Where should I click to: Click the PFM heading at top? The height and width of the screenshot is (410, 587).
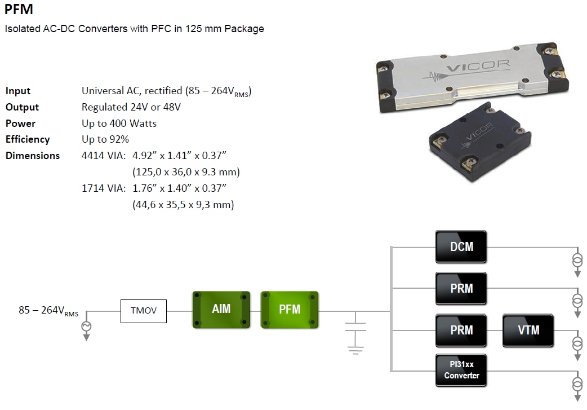(x=19, y=10)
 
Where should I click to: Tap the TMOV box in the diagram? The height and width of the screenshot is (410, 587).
(x=144, y=311)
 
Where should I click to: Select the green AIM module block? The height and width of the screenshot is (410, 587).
(x=221, y=310)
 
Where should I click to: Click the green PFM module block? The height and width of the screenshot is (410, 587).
(x=290, y=310)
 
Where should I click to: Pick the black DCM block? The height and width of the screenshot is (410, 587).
(x=461, y=246)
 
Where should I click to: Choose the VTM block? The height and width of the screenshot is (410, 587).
(x=528, y=330)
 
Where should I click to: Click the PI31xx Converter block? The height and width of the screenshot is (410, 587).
(x=461, y=370)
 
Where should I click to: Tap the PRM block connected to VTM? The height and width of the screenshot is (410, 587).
(x=461, y=330)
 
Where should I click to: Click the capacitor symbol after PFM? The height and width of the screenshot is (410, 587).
(x=355, y=333)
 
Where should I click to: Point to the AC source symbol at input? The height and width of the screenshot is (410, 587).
(x=87, y=327)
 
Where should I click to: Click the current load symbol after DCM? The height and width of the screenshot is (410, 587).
(x=577, y=261)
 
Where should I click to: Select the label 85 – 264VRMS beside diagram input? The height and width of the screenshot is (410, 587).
(x=48, y=311)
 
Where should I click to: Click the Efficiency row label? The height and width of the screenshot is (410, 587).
(x=28, y=139)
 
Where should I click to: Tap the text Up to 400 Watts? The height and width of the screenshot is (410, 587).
(x=119, y=123)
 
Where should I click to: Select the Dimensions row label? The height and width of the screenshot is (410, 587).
(x=33, y=156)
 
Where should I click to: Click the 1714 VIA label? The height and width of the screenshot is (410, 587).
(x=104, y=188)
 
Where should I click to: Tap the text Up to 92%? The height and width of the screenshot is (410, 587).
(x=105, y=139)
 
